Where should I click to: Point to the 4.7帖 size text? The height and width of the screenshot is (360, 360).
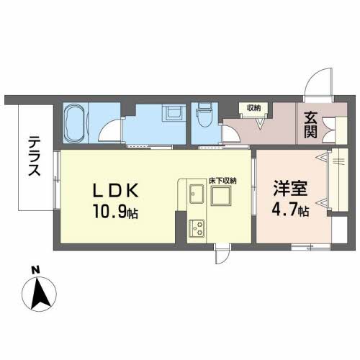click(290, 211)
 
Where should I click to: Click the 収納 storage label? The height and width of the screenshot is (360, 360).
click(253, 108)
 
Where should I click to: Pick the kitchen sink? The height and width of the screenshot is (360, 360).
click(197, 194)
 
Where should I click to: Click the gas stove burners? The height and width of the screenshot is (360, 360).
click(197, 228)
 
